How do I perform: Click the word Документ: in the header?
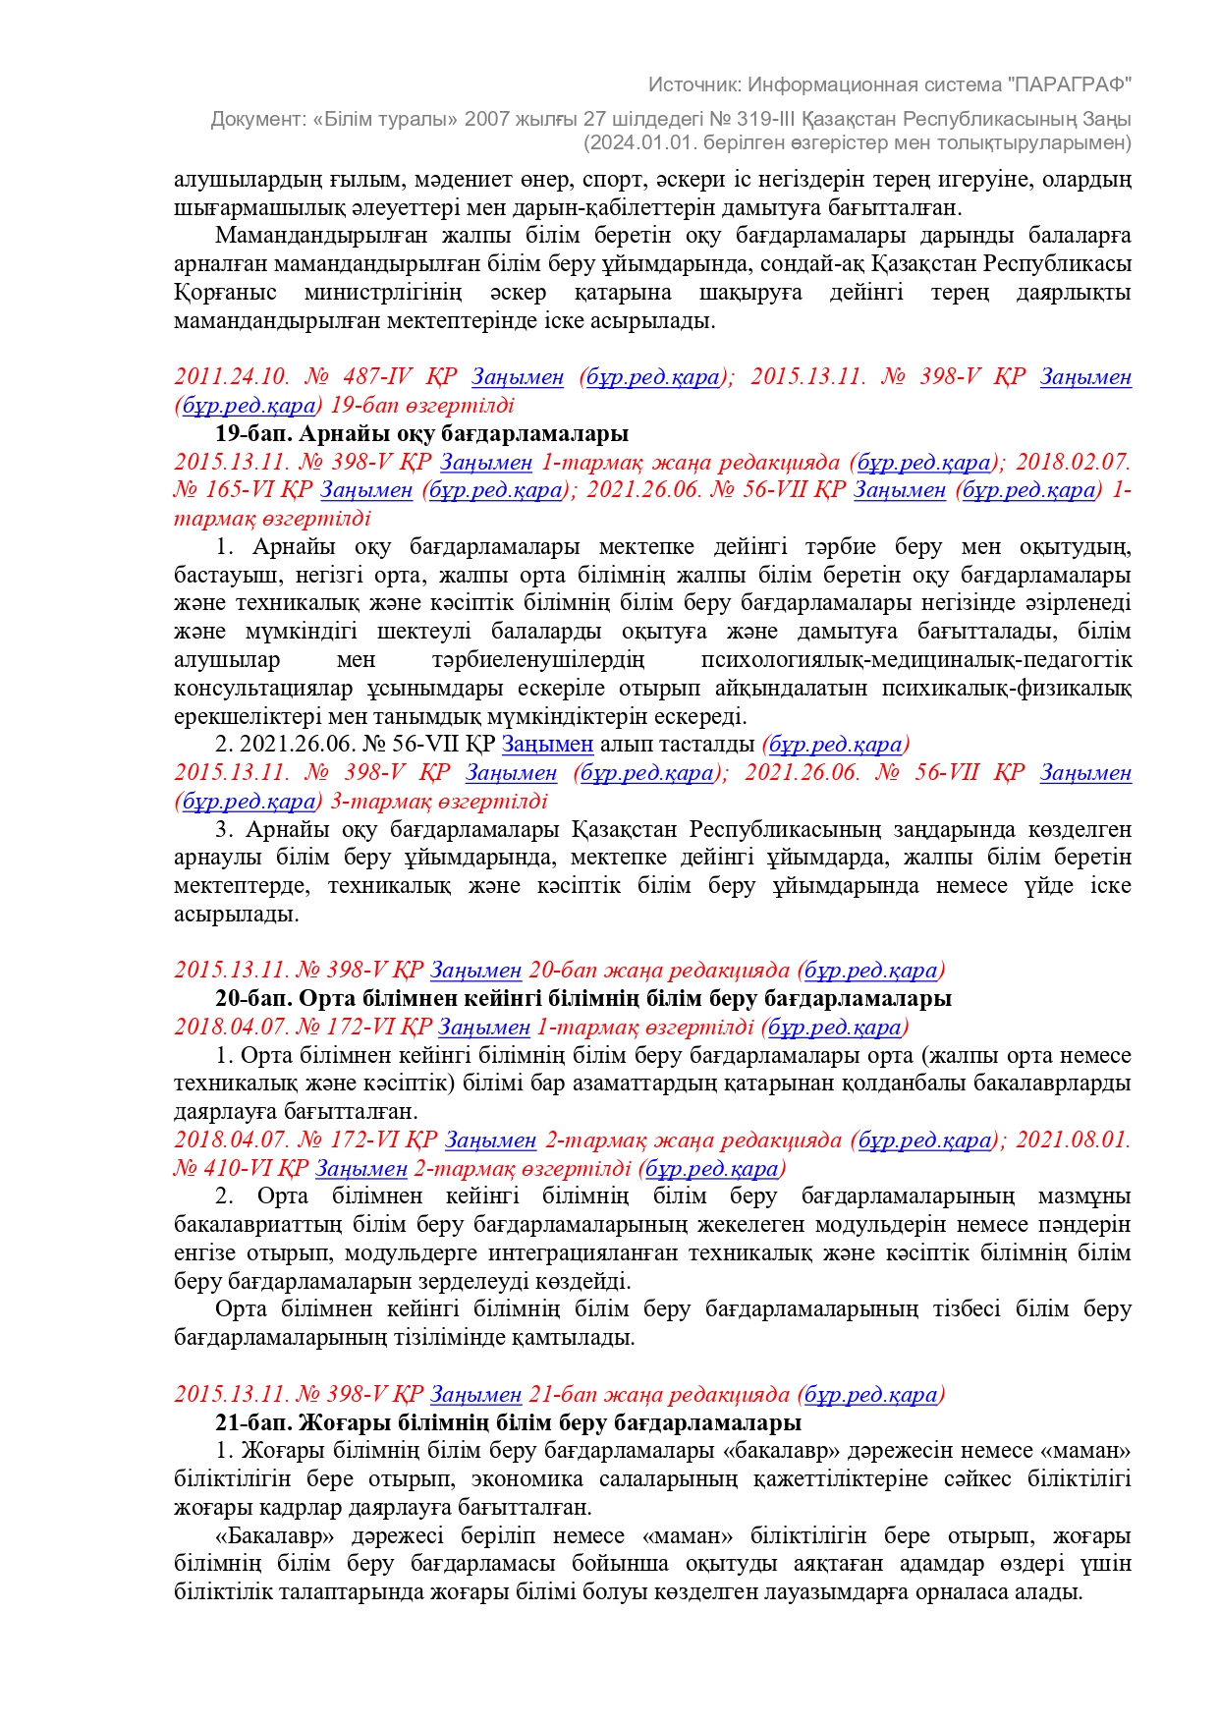click(258, 119)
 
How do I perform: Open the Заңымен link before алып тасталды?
click(547, 745)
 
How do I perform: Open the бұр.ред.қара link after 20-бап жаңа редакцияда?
click(870, 971)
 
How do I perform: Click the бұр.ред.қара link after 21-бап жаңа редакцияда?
click(870, 1395)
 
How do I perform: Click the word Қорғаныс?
click(225, 293)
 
